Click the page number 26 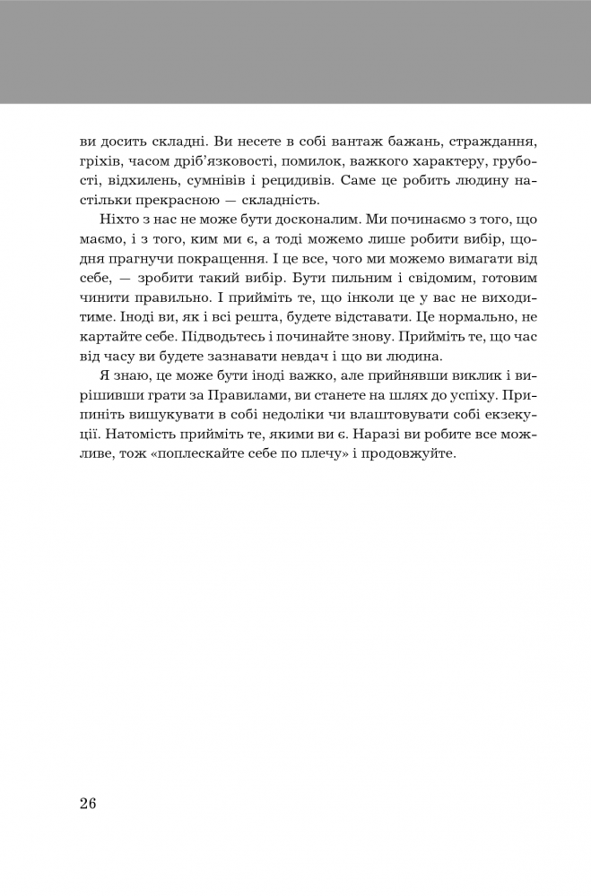(x=87, y=803)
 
